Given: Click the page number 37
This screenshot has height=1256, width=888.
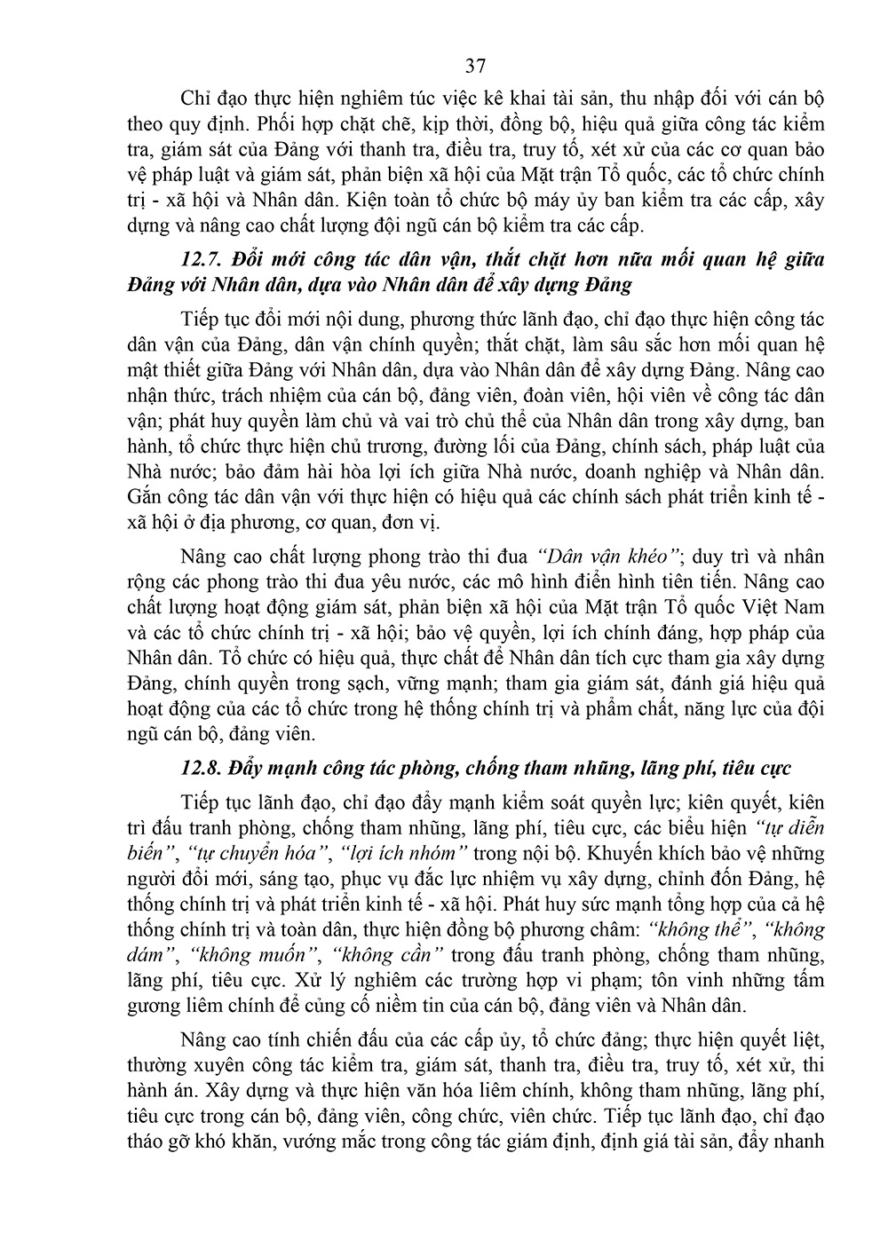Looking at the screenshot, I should click(x=474, y=66).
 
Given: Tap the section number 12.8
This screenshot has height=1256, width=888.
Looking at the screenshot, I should click(x=204, y=767).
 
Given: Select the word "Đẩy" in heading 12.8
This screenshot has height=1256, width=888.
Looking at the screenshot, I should click(x=254, y=767).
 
